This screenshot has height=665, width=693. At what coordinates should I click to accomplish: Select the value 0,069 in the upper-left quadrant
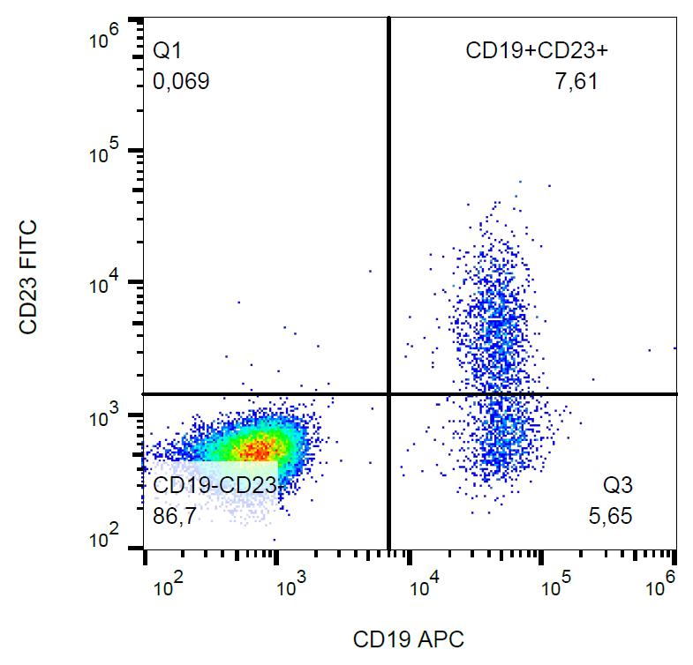[182, 83]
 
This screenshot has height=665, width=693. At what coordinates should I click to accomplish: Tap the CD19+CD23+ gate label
[537, 51]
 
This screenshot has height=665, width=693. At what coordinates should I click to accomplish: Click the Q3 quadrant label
[619, 484]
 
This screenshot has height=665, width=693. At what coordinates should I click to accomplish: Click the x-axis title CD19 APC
[408, 638]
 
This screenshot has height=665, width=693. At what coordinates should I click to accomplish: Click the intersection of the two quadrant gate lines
[388, 394]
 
